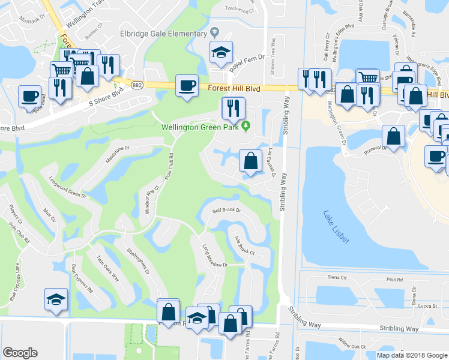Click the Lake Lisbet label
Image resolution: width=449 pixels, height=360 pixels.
tap(336, 226)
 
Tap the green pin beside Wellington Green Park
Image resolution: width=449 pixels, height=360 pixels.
tap(246, 126)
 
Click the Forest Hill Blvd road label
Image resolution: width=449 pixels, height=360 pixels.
tap(234, 88)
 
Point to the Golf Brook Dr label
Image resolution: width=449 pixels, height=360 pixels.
tap(226, 211)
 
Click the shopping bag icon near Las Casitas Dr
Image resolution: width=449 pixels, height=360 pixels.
tap(250, 160)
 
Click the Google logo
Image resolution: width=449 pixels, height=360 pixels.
tap(20, 353)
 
